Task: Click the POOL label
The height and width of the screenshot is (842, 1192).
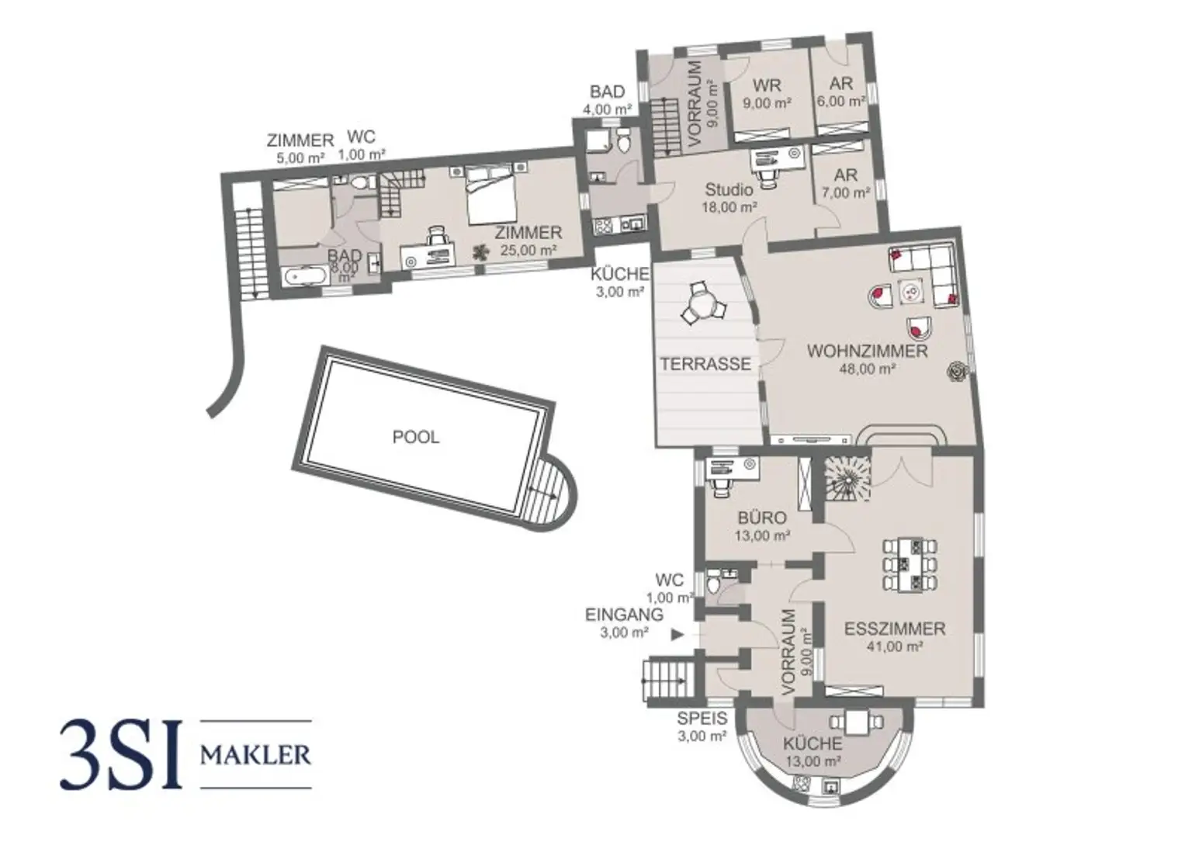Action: pos(416,437)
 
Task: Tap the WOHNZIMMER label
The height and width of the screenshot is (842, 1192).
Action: pos(867,352)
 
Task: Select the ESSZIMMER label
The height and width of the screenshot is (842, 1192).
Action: pos(895,629)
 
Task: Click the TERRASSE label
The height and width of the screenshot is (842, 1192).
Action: pos(705,363)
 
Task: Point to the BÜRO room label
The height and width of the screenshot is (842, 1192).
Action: pos(762,518)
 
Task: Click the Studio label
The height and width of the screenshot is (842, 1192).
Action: pos(729,189)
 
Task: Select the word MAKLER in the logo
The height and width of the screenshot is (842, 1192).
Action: pos(255,754)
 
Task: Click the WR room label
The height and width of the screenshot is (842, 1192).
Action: pos(767,85)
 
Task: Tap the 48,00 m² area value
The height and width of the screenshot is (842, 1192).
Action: pos(867,369)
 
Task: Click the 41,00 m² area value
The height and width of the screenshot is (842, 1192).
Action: pos(895,646)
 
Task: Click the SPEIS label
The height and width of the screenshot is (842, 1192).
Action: pos(702,719)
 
